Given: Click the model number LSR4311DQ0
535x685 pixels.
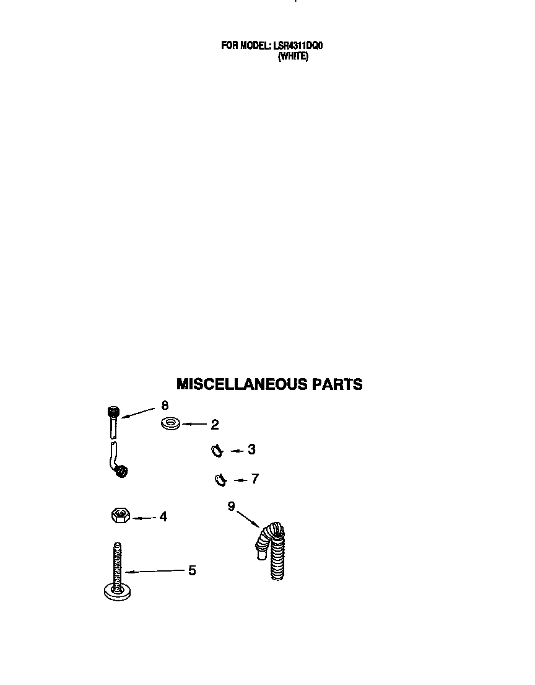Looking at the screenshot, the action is coord(298,45).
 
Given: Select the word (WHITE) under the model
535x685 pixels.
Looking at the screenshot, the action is coord(294,56).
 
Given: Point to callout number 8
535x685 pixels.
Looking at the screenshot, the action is coord(165,405).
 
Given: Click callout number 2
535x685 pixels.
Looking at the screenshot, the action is coord(215,425).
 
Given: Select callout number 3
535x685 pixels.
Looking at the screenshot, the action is coord(251,449).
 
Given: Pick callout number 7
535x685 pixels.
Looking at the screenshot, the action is coord(255,479).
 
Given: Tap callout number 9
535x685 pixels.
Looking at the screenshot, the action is coord(231,506).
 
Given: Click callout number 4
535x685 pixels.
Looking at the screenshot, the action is coord(163,517).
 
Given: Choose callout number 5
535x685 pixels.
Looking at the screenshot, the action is coord(192,570).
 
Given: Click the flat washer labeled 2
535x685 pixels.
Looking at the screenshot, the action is coord(170,423).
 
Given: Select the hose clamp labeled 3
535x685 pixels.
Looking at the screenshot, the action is coord(217,451).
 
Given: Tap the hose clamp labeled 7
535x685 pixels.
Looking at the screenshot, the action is coord(220,480).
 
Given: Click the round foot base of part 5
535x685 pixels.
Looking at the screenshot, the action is coord(118,592).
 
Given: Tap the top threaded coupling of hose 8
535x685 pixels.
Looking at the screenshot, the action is coord(113,412).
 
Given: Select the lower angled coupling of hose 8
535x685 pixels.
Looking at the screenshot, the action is coord(121,471).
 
